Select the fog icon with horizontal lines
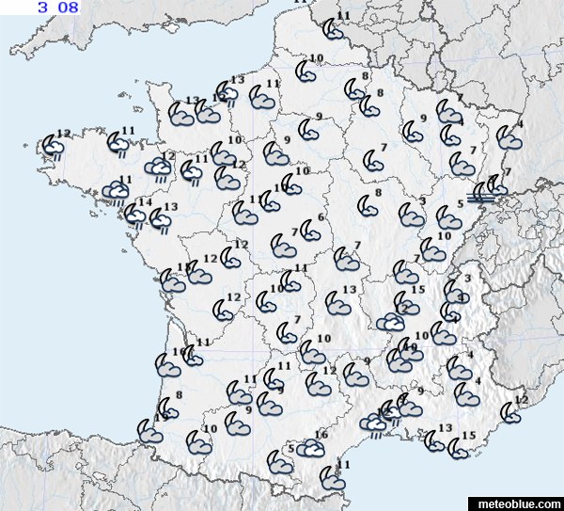[x=481, y=195]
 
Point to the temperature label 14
[x=145, y=202]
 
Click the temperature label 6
[x=321, y=217]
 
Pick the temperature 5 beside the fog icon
[x=461, y=203]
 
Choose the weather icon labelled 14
[x=137, y=216]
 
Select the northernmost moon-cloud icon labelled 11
[x=333, y=29]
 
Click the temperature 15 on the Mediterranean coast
[x=469, y=435]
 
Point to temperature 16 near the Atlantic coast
[x=178, y=353]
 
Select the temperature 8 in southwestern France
[x=179, y=394]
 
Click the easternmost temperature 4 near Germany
[x=522, y=124]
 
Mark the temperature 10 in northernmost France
[x=316, y=59]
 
